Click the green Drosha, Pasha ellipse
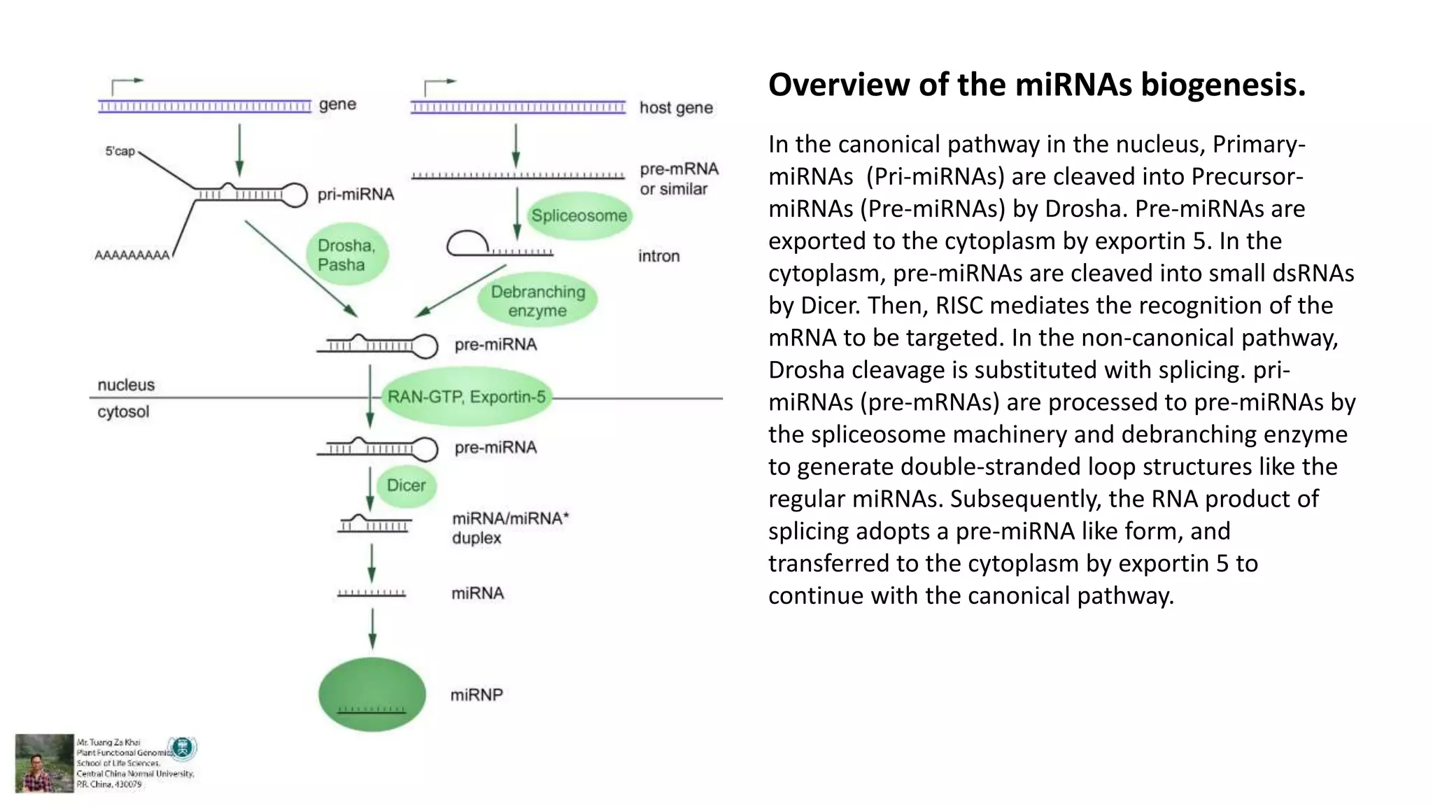[x=347, y=255]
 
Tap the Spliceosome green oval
[x=579, y=215]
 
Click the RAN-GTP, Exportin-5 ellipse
[x=466, y=397]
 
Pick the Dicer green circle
[x=406, y=485]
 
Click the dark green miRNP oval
[x=372, y=694]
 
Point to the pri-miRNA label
[x=355, y=194]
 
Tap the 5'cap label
[x=120, y=151]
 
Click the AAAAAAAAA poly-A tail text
[x=132, y=255]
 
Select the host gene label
[x=676, y=108]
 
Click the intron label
[x=658, y=256]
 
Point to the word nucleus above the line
[x=126, y=385]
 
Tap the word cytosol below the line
[x=123, y=411]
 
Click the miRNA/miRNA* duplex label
[x=510, y=528]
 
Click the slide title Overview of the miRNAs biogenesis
[x=1036, y=85]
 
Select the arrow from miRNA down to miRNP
[x=372, y=628]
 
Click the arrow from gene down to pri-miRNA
[x=239, y=150]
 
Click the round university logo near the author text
[x=184, y=748]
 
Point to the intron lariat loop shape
[x=467, y=243]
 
